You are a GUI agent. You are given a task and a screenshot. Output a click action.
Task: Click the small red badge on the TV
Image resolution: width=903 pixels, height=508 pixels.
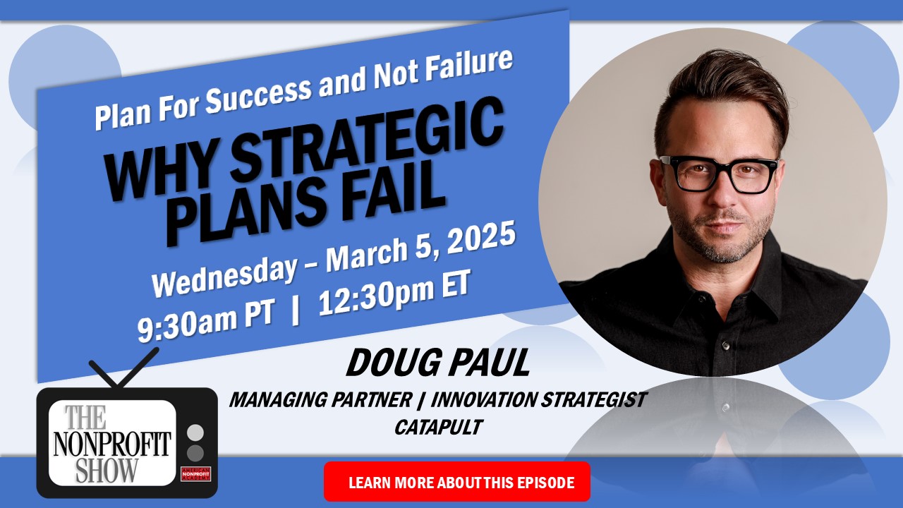pyautogui.click(x=196, y=473)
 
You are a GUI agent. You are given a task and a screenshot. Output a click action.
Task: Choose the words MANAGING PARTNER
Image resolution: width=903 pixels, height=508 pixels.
pyautogui.click(x=320, y=400)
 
